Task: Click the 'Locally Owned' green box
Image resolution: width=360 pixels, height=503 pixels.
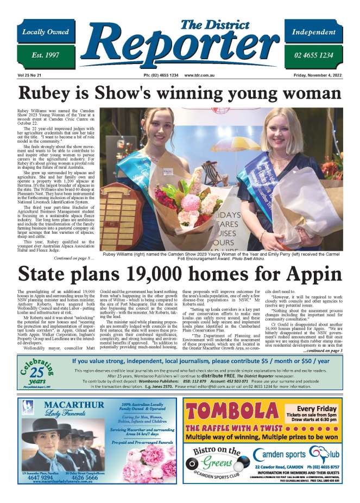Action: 46,33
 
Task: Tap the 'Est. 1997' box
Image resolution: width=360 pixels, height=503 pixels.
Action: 46,56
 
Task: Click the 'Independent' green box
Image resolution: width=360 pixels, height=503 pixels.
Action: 314,33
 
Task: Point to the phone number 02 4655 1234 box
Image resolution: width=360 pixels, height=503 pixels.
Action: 314,56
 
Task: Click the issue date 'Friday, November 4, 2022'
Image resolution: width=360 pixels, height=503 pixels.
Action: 318,75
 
